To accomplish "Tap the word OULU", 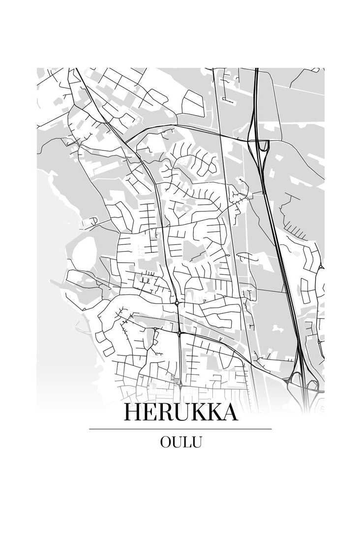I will [180, 442].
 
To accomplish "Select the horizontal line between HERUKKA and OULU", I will [180, 429].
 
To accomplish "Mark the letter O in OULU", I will [165, 442].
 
